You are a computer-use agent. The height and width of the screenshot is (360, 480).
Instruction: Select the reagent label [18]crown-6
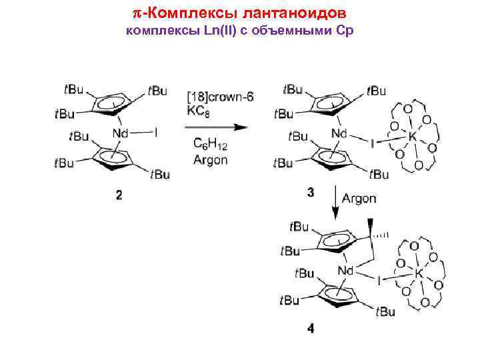(x=220, y=97)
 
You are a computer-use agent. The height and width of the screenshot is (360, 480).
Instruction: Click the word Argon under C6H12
(x=210, y=159)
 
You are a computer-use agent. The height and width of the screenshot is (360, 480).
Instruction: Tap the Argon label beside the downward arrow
(x=359, y=199)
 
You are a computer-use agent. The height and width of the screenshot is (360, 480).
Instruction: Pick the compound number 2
(x=119, y=195)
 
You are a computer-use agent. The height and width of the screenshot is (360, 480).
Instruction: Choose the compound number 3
(x=312, y=193)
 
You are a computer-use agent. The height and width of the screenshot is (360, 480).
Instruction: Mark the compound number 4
(x=311, y=328)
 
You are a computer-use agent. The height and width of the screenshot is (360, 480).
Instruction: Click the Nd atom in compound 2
(x=120, y=134)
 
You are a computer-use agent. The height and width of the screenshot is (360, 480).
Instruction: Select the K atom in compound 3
(x=411, y=135)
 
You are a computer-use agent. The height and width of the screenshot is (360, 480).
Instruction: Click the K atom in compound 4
(x=418, y=273)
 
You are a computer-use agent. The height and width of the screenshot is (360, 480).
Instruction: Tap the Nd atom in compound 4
(x=345, y=271)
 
